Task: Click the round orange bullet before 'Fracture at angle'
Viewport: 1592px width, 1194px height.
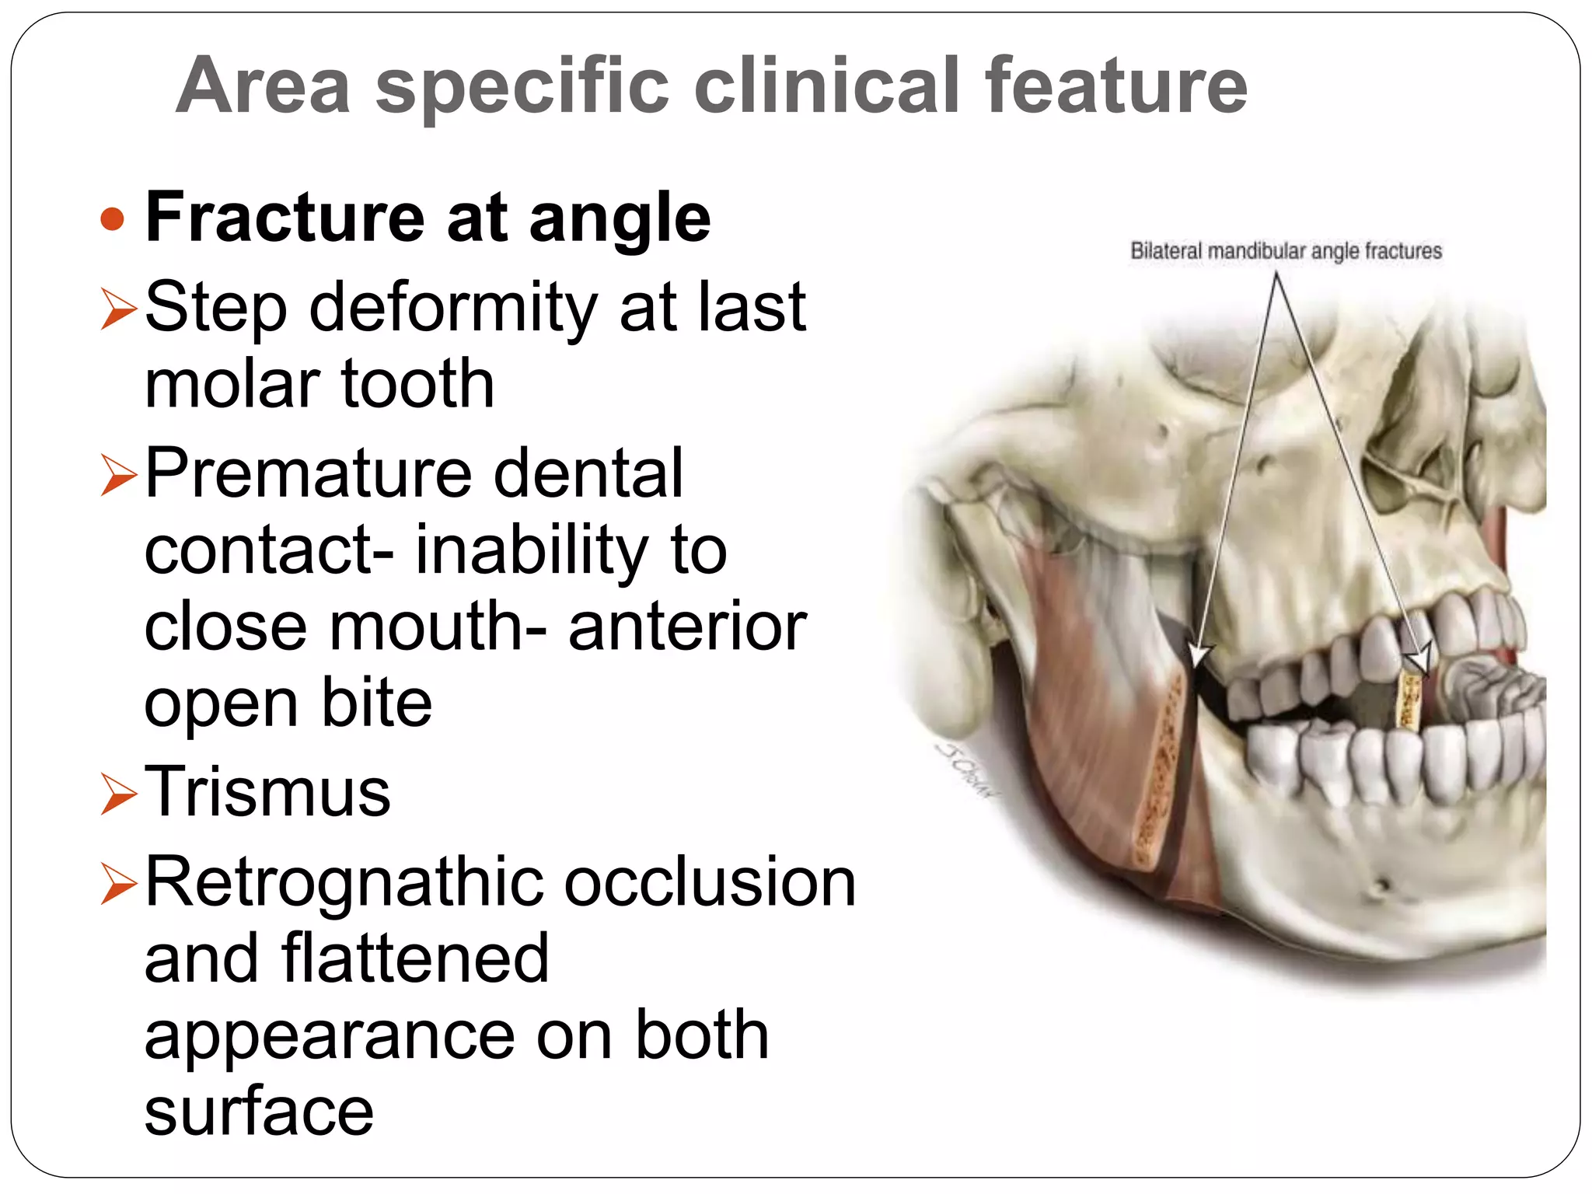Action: [113, 219]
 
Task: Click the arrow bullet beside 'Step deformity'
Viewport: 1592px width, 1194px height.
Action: [118, 309]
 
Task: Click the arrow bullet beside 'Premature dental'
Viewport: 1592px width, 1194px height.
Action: [118, 475]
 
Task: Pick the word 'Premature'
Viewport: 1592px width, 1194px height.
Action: [308, 473]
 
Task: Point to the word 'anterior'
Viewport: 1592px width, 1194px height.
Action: [687, 627]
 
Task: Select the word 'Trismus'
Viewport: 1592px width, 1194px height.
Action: [267, 792]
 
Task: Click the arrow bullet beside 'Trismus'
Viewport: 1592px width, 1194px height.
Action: [118, 794]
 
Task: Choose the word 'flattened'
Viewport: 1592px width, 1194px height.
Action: [415, 958]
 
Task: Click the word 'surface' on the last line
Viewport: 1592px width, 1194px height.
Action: [259, 1112]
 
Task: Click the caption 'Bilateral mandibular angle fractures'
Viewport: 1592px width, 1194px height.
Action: [1286, 251]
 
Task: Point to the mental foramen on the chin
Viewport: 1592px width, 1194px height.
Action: [1382, 887]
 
